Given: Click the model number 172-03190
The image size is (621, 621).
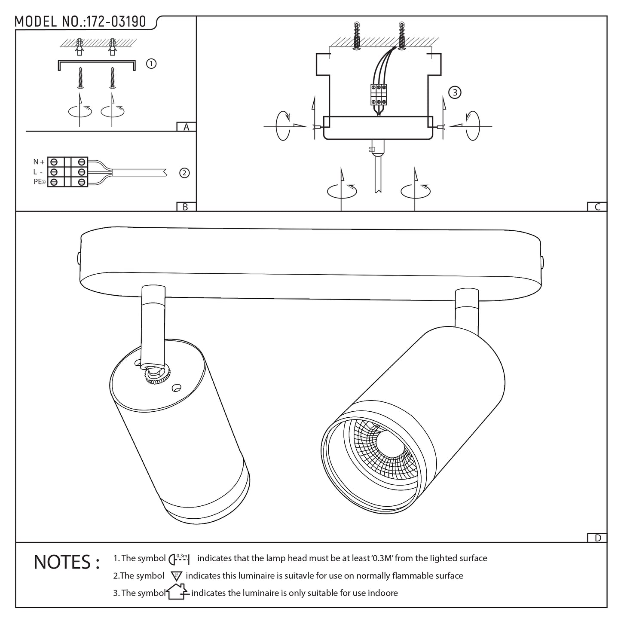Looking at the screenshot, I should (116, 22).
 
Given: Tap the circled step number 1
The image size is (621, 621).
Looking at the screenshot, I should (151, 64).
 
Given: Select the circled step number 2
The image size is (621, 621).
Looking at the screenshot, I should (184, 173).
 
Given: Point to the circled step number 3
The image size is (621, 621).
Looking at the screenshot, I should (454, 92).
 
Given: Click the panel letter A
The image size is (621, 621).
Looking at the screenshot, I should (186, 127).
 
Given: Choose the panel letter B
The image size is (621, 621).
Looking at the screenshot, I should (186, 207).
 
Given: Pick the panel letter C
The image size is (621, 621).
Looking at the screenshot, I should (597, 207).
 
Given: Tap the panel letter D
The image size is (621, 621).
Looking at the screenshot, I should (597, 538).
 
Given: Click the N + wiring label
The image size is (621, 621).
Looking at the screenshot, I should (39, 162).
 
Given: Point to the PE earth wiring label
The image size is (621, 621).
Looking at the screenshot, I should (38, 182).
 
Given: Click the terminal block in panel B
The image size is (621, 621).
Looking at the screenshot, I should (67, 172).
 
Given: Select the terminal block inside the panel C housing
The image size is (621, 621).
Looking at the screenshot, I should (377, 94).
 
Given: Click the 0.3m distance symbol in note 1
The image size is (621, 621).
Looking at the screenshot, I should (181, 559).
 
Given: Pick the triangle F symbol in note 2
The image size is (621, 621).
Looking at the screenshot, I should (177, 576).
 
